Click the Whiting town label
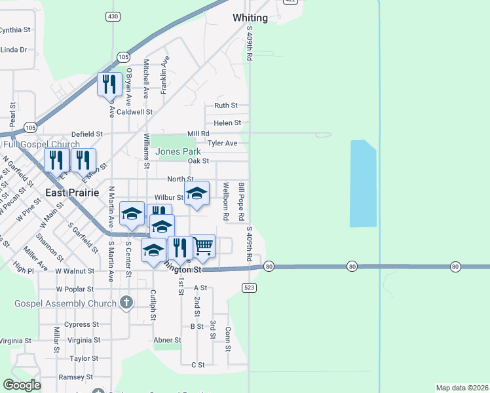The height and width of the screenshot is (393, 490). coord(250,18)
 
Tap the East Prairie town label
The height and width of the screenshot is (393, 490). coord(72,193)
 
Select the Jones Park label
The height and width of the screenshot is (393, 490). coord(176,152)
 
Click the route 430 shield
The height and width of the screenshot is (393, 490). coord(113,15)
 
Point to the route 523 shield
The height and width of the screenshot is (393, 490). coord(249,288)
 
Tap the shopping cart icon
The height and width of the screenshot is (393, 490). coord(203,246)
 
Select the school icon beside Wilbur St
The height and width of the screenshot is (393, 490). coord(197,193)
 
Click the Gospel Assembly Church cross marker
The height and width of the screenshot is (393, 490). coord(126,303)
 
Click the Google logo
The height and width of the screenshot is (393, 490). coord(22,385)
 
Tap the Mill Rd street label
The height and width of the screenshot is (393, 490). coord(197,133)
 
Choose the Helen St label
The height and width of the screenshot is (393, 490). coord(227,122)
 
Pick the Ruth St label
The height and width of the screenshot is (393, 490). coord(226,105)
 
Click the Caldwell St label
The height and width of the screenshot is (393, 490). coord(135,112)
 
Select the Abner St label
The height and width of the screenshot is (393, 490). coord(167,340)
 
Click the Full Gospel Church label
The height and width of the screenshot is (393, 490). coord(41,144)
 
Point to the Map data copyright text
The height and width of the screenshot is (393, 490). coord(462,388)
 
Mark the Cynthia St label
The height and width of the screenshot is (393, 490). coord(16,30)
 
